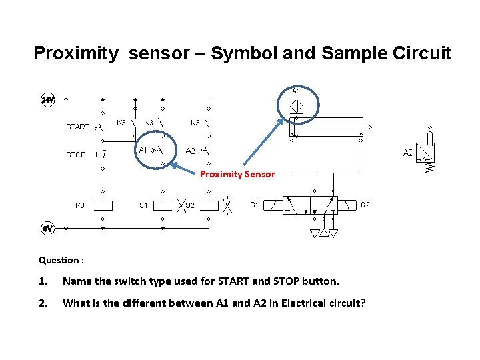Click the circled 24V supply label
pos(47,100)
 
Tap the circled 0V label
pos(47,229)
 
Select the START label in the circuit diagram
pos(77,127)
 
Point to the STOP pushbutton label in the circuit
pos(75,155)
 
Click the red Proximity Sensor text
pos(237,174)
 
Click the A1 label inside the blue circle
pos(143,151)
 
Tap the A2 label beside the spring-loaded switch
pos(408,153)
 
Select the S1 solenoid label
pos(254,204)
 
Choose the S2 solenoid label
pos(365,204)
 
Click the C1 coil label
pos(143,205)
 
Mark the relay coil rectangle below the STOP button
pos(103,205)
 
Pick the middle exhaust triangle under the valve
pos(324,233)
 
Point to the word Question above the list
pos(59,260)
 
